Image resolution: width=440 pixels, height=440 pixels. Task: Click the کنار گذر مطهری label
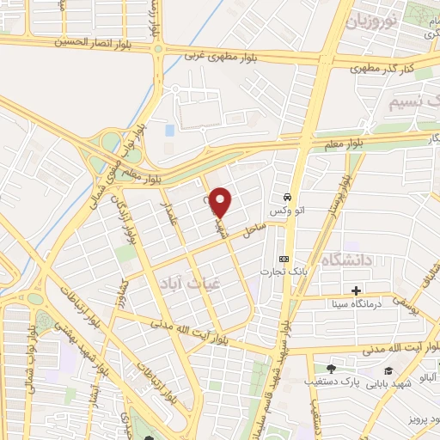tap(403, 66)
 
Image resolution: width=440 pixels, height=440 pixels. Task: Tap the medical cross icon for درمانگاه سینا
tap(357, 290)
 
